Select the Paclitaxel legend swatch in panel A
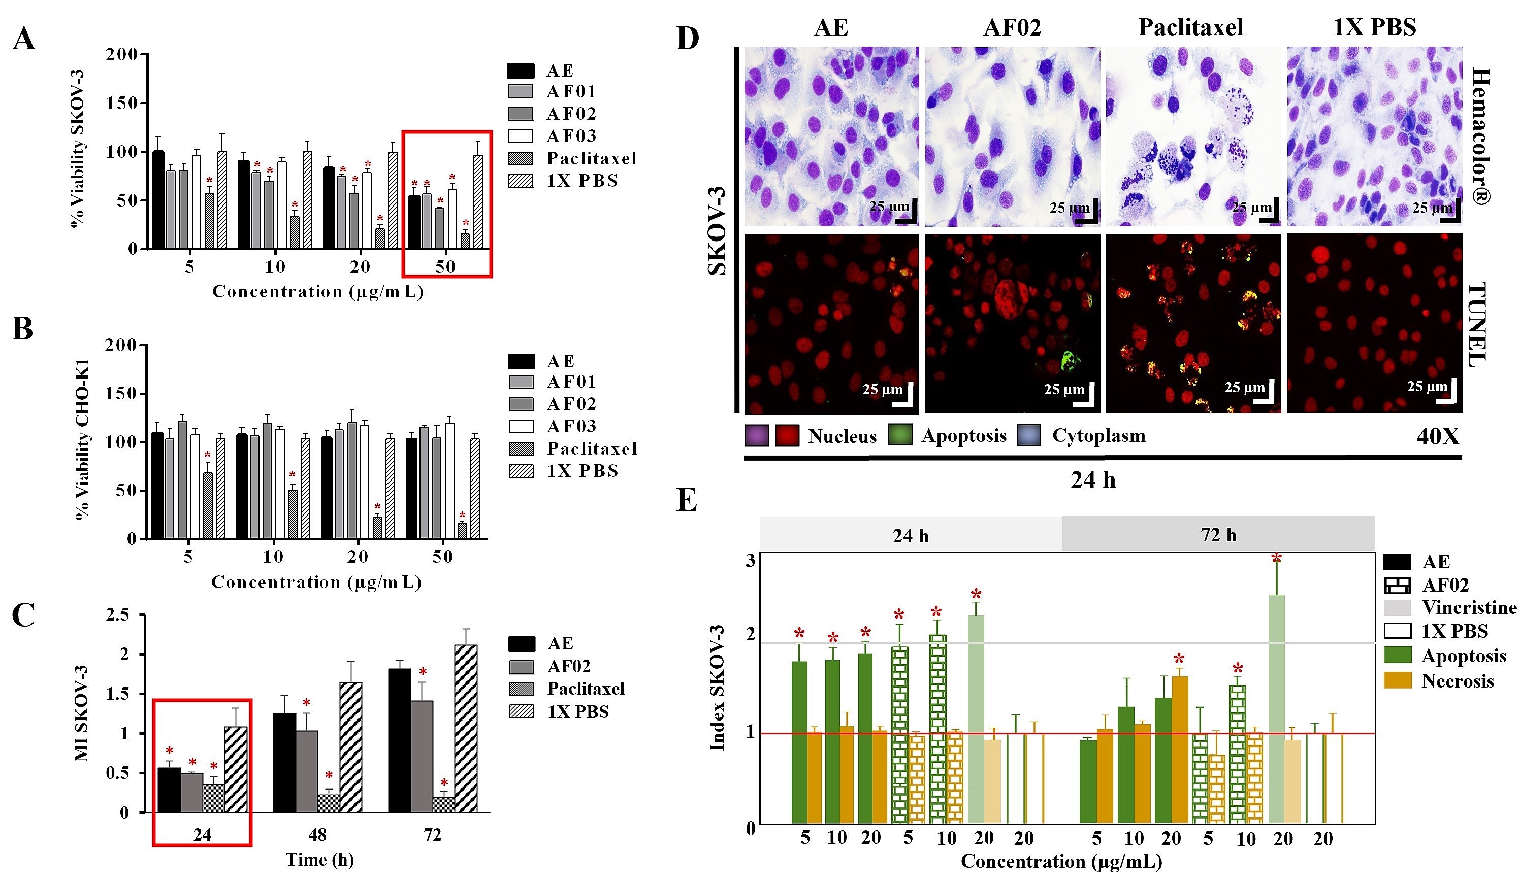tap(520, 158)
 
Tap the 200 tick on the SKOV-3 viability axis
tap(121, 55)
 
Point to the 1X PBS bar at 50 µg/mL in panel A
tap(478, 202)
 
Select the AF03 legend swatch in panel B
tap(521, 427)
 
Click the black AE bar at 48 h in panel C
tap(284, 763)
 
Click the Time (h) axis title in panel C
tap(319, 860)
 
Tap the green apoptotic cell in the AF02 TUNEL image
tap(1070, 362)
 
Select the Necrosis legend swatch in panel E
tap(1397, 680)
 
